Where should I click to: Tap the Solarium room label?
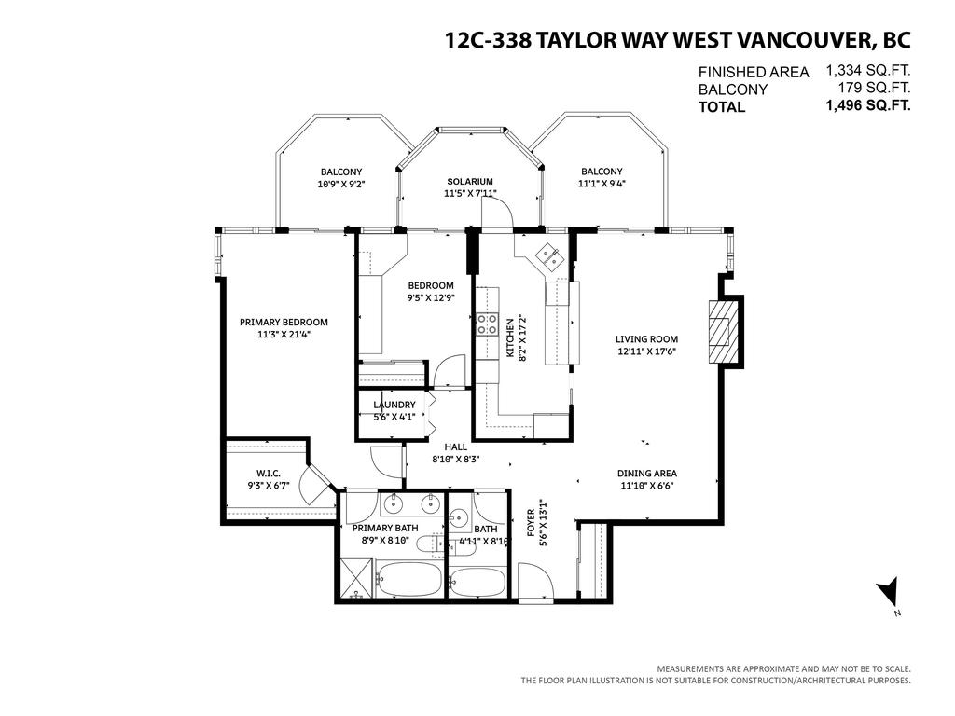tap(469, 182)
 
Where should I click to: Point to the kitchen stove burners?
tap(486, 324)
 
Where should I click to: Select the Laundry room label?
tap(394, 405)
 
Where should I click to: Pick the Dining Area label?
tap(647, 473)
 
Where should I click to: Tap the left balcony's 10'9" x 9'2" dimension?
tap(341, 185)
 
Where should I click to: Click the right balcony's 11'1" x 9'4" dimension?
tap(602, 184)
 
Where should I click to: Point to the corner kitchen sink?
tap(548, 255)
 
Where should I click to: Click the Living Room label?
tap(646, 339)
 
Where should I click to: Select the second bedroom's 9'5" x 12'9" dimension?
tap(430, 298)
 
